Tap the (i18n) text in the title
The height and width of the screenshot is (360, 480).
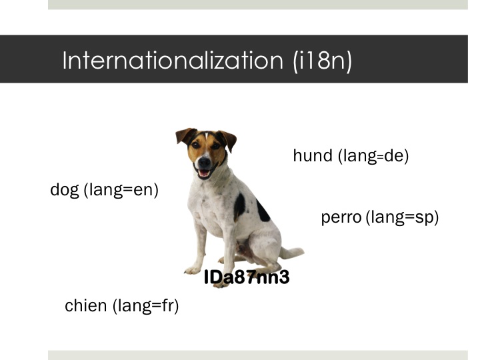click(322, 61)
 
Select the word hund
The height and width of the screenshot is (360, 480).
click(313, 156)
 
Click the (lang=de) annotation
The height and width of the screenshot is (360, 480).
click(373, 157)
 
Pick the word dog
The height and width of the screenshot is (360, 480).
click(65, 191)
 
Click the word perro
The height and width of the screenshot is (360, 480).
click(341, 218)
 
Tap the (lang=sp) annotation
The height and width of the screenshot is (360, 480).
click(403, 218)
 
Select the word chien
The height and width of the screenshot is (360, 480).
click(85, 306)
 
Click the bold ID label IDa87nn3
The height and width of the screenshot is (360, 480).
click(247, 278)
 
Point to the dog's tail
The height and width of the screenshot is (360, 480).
click(293, 253)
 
